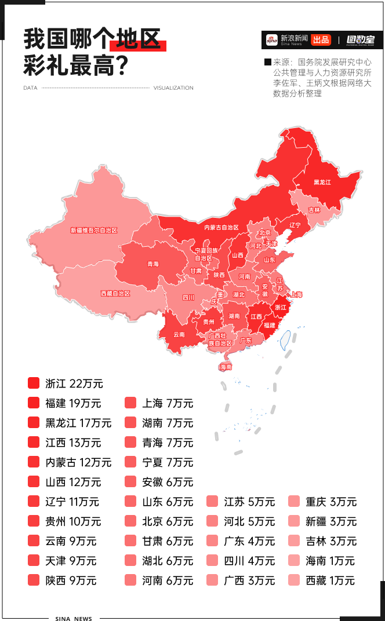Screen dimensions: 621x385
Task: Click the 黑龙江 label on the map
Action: coord(322,182)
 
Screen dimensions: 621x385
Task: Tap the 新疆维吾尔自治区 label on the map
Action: coord(93,230)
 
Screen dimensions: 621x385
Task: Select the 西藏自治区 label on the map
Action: coord(115,293)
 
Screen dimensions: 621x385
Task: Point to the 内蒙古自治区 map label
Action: coord(221,227)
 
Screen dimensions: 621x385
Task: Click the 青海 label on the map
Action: coord(153,264)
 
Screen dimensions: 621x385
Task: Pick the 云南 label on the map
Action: coord(179,334)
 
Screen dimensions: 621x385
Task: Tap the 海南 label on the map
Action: coord(226,367)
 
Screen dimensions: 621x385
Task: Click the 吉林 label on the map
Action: coord(314,210)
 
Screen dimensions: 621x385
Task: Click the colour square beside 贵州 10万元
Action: coord(34,521)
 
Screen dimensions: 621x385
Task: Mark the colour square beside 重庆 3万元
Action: coord(294,502)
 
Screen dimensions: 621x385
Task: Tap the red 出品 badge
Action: coord(321,40)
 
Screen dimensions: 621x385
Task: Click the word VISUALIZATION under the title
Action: coord(173,88)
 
